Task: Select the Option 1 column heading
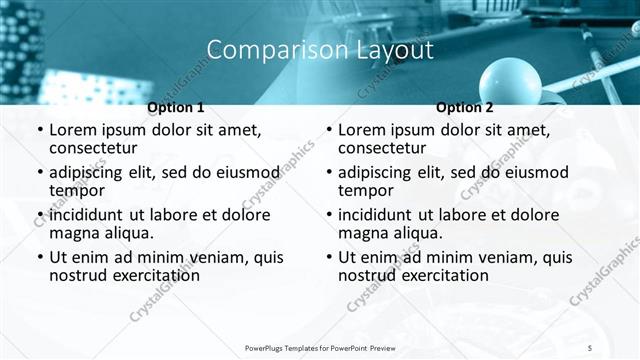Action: (176, 107)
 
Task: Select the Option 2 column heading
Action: (465, 107)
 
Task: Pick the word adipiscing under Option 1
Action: (92, 172)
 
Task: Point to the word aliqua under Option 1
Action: (127, 233)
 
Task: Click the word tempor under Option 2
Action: (366, 190)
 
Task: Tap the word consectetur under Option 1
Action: (98, 148)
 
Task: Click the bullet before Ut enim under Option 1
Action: (39, 257)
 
